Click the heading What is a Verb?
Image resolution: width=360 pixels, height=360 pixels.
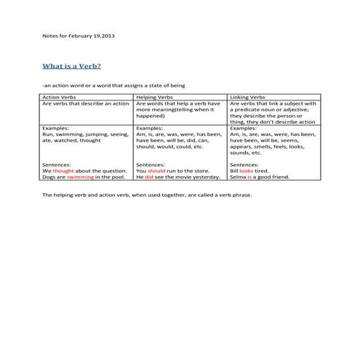[71, 66]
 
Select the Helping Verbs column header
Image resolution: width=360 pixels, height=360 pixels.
[154, 97]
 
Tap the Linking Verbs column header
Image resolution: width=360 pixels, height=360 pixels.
[247, 97]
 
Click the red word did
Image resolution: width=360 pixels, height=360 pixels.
[148, 177]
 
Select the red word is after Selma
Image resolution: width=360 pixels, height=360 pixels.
[249, 177]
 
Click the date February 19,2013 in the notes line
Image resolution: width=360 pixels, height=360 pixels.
[93, 34]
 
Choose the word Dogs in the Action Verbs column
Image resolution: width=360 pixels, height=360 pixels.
[49, 177]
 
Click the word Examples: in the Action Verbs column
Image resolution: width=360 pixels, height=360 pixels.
[55, 129]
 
